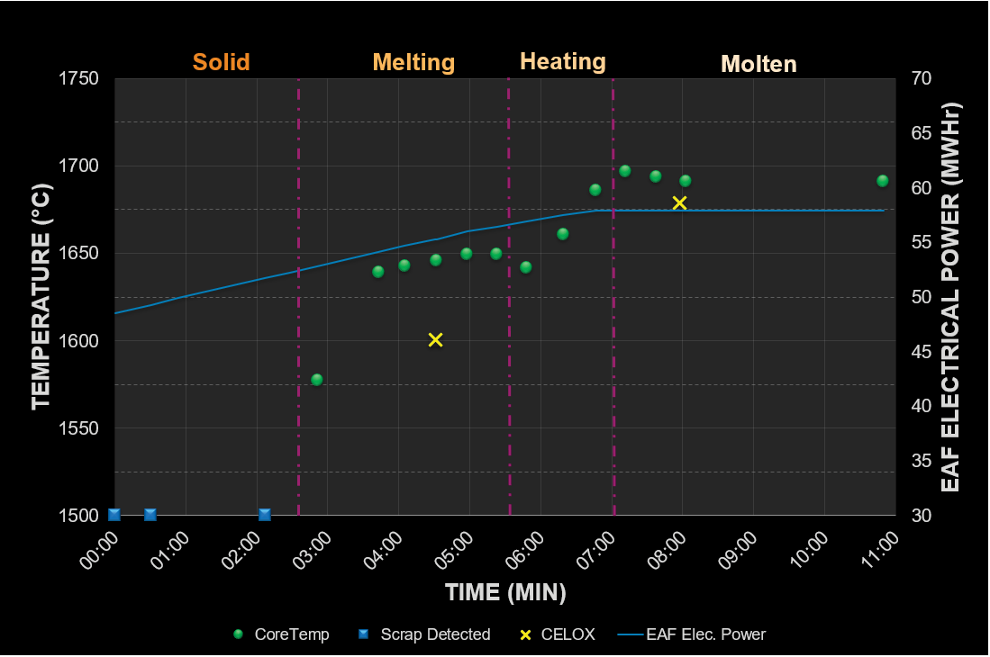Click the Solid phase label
(x=221, y=62)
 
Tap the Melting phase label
(x=413, y=62)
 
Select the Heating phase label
(x=562, y=61)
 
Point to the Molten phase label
(x=758, y=64)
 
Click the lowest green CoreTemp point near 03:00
(x=317, y=380)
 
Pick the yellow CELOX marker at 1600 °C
(x=436, y=340)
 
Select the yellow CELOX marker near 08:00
(x=680, y=203)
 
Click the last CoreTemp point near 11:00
(x=883, y=181)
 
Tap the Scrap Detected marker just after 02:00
(x=265, y=515)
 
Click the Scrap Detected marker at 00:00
(x=114, y=515)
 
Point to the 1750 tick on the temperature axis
(x=79, y=79)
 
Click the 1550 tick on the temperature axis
(x=79, y=429)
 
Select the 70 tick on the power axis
(x=920, y=79)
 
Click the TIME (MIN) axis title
(x=505, y=592)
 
